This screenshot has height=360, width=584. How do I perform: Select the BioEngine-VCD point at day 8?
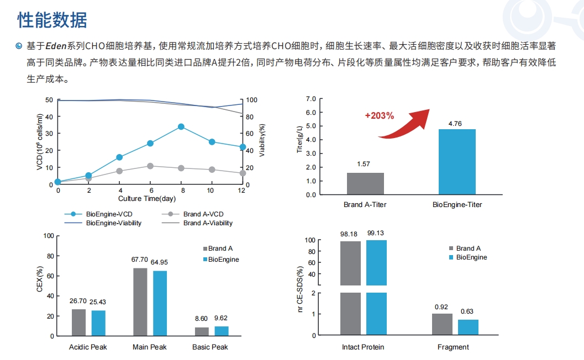pos(181,126)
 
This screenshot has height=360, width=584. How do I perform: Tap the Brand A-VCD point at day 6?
pos(150,166)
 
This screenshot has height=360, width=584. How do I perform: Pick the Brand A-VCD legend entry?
pos(203,214)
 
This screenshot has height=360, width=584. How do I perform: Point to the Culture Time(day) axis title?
pos(147,198)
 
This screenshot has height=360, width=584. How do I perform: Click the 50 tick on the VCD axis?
pos(50,100)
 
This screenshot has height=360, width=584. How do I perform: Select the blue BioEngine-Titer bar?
pos(457,162)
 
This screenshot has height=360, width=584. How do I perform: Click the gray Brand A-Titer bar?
pos(365,183)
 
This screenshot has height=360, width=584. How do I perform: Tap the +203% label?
pos(379,116)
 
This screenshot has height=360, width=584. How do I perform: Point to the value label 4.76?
pos(455,124)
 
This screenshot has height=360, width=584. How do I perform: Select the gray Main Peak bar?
pos(140,301)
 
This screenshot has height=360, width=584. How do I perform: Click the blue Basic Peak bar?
pos(221,331)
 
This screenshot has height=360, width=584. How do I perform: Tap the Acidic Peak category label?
pos(88,347)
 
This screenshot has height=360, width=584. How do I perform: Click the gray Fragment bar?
pos(442,324)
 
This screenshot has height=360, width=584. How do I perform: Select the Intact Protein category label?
pos(363,347)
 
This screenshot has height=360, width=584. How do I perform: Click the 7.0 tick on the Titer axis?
pos(311,99)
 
